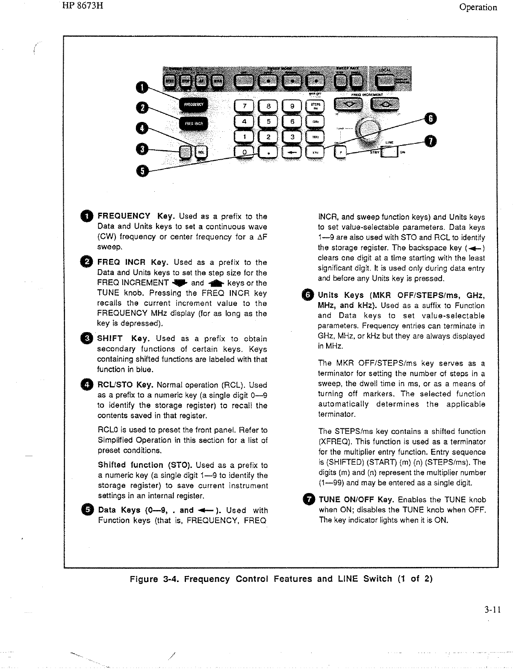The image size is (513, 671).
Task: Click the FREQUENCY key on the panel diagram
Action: pos(194,104)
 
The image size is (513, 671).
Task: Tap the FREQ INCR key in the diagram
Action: pos(194,124)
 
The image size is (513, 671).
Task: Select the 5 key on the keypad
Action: pos(268,122)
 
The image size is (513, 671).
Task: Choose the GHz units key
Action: pos(315,122)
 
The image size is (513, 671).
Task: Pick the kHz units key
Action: pos(315,152)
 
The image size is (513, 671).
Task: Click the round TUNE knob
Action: pos(368,127)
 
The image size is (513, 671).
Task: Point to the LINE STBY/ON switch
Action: pos(389,152)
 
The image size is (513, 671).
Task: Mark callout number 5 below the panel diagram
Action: pos(143,170)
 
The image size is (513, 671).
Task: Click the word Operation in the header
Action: pos(478,7)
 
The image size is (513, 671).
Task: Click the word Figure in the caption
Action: pos(144,579)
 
